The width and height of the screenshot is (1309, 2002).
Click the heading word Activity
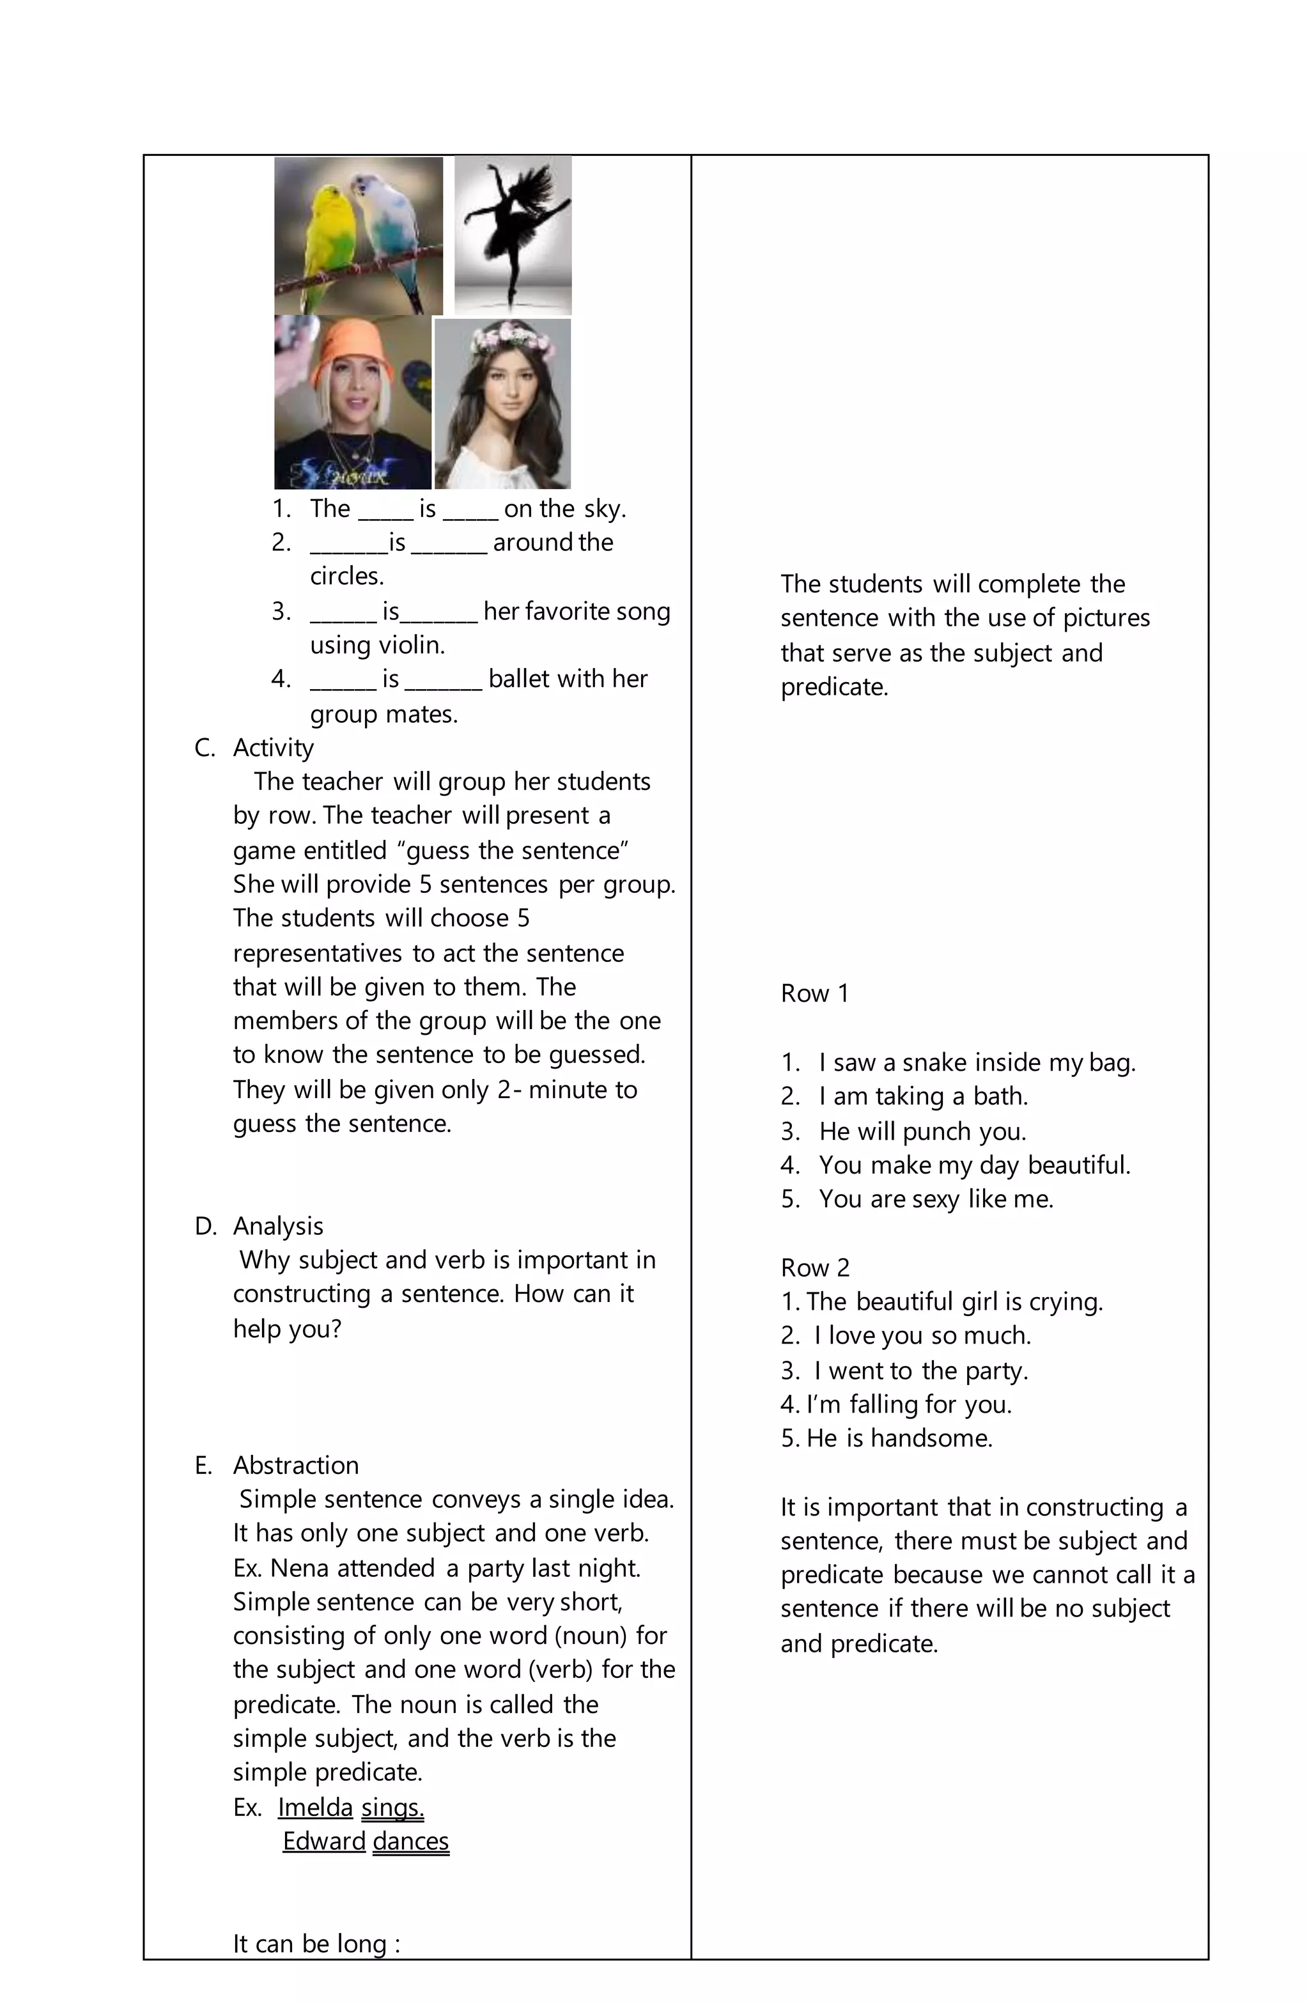coord(274,748)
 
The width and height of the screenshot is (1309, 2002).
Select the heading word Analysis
coord(277,1227)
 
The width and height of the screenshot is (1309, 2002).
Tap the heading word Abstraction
coord(295,1465)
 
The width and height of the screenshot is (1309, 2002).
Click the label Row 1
coord(814,993)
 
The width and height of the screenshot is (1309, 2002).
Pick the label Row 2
coord(814,1268)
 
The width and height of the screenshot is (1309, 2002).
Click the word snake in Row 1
coord(934,1062)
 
